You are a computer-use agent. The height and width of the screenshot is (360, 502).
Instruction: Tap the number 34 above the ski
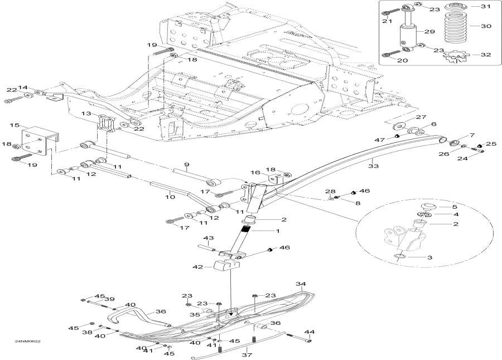(301, 284)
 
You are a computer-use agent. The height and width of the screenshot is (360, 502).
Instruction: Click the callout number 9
(187, 164)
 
